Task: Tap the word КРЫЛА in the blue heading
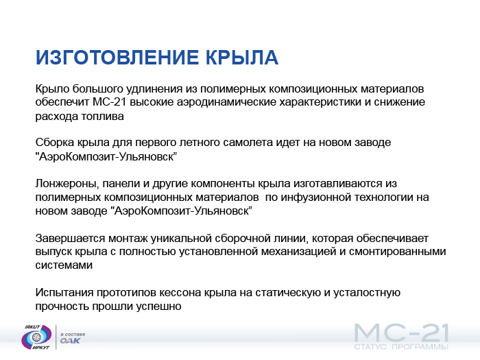(x=242, y=57)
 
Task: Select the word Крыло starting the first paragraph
(x=52, y=89)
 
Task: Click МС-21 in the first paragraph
(x=110, y=102)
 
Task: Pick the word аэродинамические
(x=226, y=102)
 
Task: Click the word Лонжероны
(x=67, y=184)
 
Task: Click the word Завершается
(x=70, y=238)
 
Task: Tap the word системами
(x=64, y=265)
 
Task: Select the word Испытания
(x=64, y=293)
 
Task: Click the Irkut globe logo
(x=37, y=337)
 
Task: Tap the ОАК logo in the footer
(x=70, y=340)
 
